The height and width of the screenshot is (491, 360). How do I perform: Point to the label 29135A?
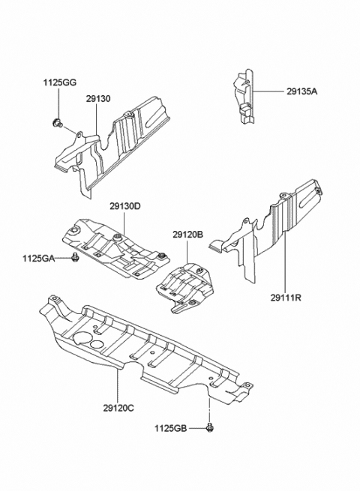[301, 91]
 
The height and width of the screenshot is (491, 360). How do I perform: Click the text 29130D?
[124, 206]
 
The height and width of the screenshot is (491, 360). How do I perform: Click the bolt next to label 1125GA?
[76, 259]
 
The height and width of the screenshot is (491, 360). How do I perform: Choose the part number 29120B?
[187, 235]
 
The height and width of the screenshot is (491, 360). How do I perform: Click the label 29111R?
[286, 298]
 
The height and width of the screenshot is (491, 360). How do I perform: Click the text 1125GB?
[172, 428]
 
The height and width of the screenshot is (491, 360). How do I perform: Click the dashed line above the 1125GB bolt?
[208, 409]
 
